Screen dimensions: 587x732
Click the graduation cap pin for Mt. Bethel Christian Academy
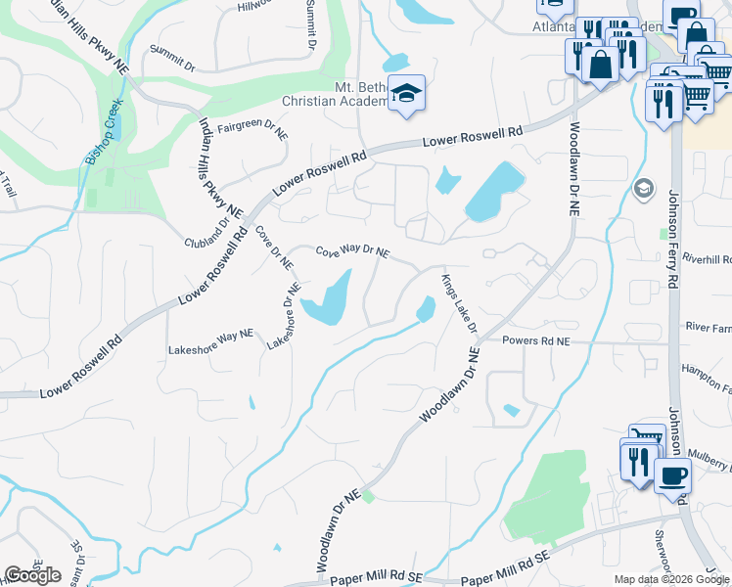[x=405, y=93]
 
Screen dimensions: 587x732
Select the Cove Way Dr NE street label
[x=352, y=252]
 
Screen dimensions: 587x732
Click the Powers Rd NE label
[x=535, y=341]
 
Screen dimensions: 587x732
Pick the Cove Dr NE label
[x=273, y=248]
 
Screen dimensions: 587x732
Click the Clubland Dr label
[x=206, y=234]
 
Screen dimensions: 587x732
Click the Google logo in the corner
[x=32, y=575]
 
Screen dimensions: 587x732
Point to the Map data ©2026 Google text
[x=672, y=579]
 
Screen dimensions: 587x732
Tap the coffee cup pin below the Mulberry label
[x=671, y=475]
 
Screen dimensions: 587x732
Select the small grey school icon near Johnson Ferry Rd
[x=643, y=188]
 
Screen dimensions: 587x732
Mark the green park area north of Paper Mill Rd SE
[x=548, y=494]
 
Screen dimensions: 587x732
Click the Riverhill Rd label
[x=709, y=259]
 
